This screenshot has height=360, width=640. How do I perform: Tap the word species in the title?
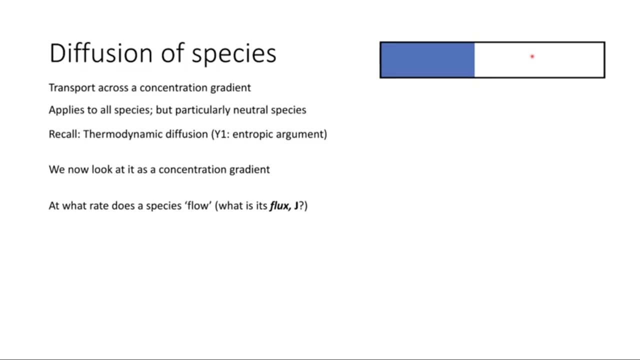pyautogui.click(x=234, y=55)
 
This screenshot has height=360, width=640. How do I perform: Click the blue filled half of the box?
pyautogui.click(x=427, y=59)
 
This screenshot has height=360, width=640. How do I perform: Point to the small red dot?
pyautogui.click(x=532, y=56)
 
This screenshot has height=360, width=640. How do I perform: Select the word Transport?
pyautogui.click(x=72, y=87)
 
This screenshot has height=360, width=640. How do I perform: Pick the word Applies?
pyautogui.click(x=66, y=110)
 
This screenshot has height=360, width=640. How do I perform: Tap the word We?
pyautogui.click(x=57, y=169)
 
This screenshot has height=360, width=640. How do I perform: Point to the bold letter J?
pyautogui.click(x=296, y=205)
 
